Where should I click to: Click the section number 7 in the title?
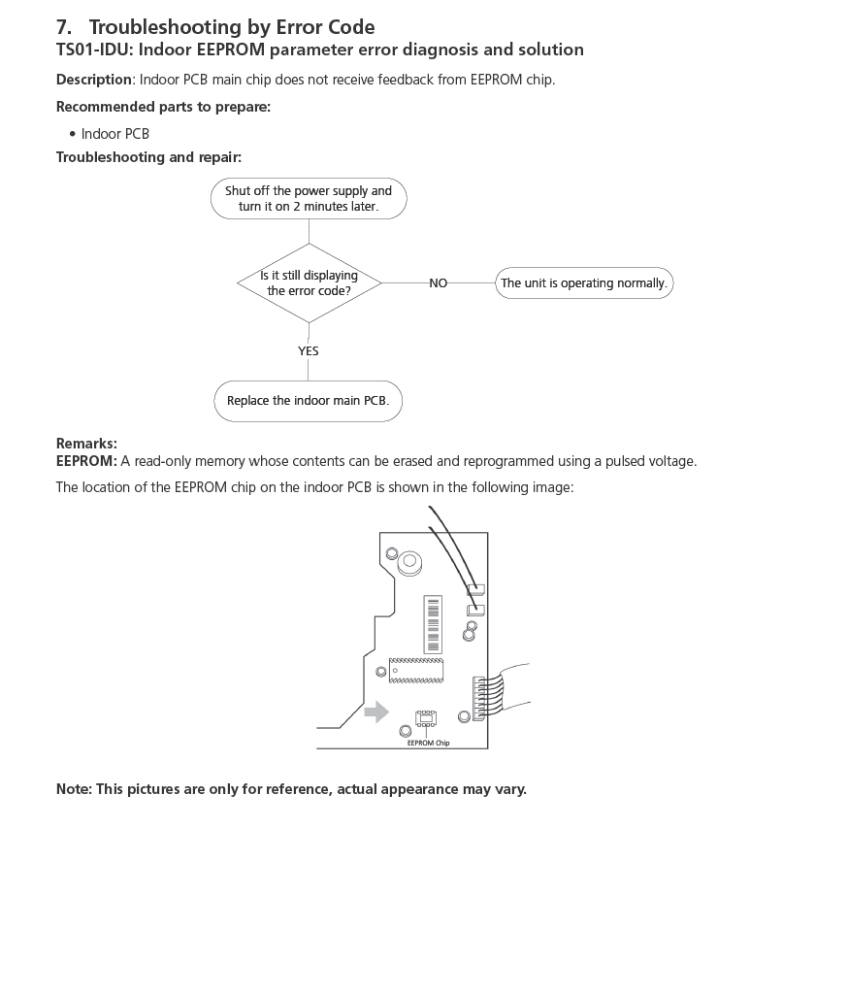pyautogui.click(x=63, y=27)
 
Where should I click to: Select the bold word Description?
pyautogui.click(x=94, y=80)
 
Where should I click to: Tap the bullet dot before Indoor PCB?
pyautogui.click(x=73, y=134)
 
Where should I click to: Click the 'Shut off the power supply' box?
pyautogui.click(x=309, y=199)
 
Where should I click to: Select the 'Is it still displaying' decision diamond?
pyautogui.click(x=309, y=282)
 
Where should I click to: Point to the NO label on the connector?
pyautogui.click(x=439, y=283)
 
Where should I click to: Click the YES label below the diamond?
pyautogui.click(x=309, y=351)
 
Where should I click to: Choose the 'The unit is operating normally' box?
pyautogui.click(x=584, y=283)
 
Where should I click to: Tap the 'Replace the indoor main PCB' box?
pyautogui.click(x=308, y=401)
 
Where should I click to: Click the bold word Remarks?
pyautogui.click(x=86, y=444)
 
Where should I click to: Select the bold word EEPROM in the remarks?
pyautogui.click(x=86, y=461)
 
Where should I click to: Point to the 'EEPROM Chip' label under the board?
pyautogui.click(x=428, y=744)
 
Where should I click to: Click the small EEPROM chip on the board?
pyautogui.click(x=426, y=718)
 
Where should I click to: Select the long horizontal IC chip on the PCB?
pyautogui.click(x=416, y=670)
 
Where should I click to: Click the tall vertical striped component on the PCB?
pyautogui.click(x=434, y=624)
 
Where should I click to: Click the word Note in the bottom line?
pyautogui.click(x=73, y=789)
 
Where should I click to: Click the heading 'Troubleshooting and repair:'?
pyautogui.click(x=148, y=157)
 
